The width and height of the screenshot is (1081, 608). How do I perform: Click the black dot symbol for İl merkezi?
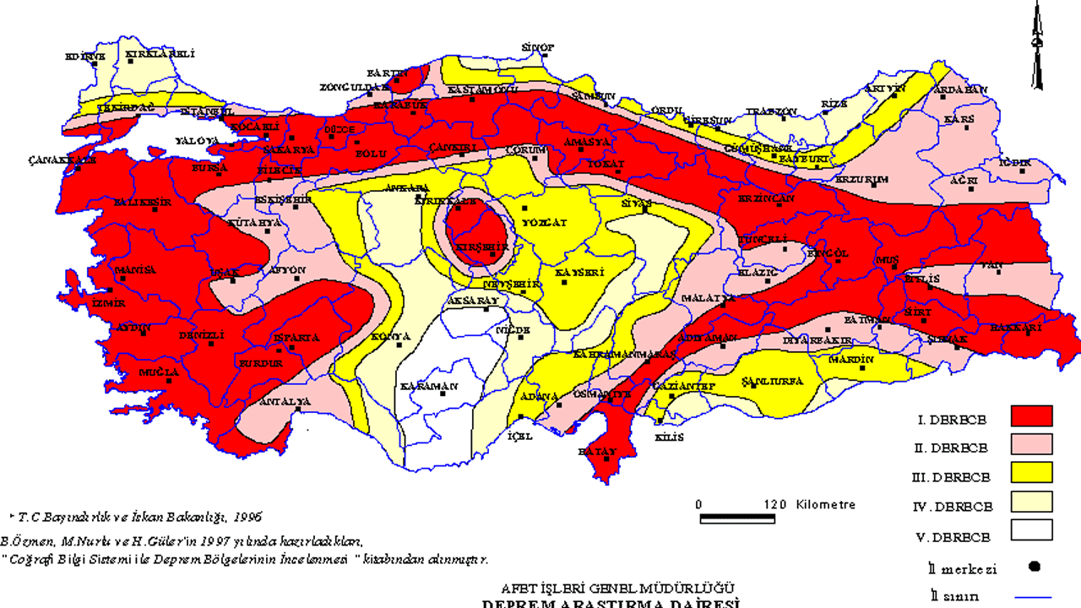[1034, 566]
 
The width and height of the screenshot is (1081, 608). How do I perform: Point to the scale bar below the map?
[738, 517]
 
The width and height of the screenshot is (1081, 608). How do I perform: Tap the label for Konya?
[390, 336]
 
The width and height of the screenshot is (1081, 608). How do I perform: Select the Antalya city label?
[278, 401]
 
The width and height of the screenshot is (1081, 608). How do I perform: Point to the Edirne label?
[85, 57]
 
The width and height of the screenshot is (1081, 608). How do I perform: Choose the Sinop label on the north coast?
[537, 47]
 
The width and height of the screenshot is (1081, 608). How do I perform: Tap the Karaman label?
[429, 386]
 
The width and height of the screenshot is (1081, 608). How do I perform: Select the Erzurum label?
[861, 180]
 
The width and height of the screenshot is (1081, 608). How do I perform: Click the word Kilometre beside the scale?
[825, 505]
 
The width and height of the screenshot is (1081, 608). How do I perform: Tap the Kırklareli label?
[160, 54]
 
